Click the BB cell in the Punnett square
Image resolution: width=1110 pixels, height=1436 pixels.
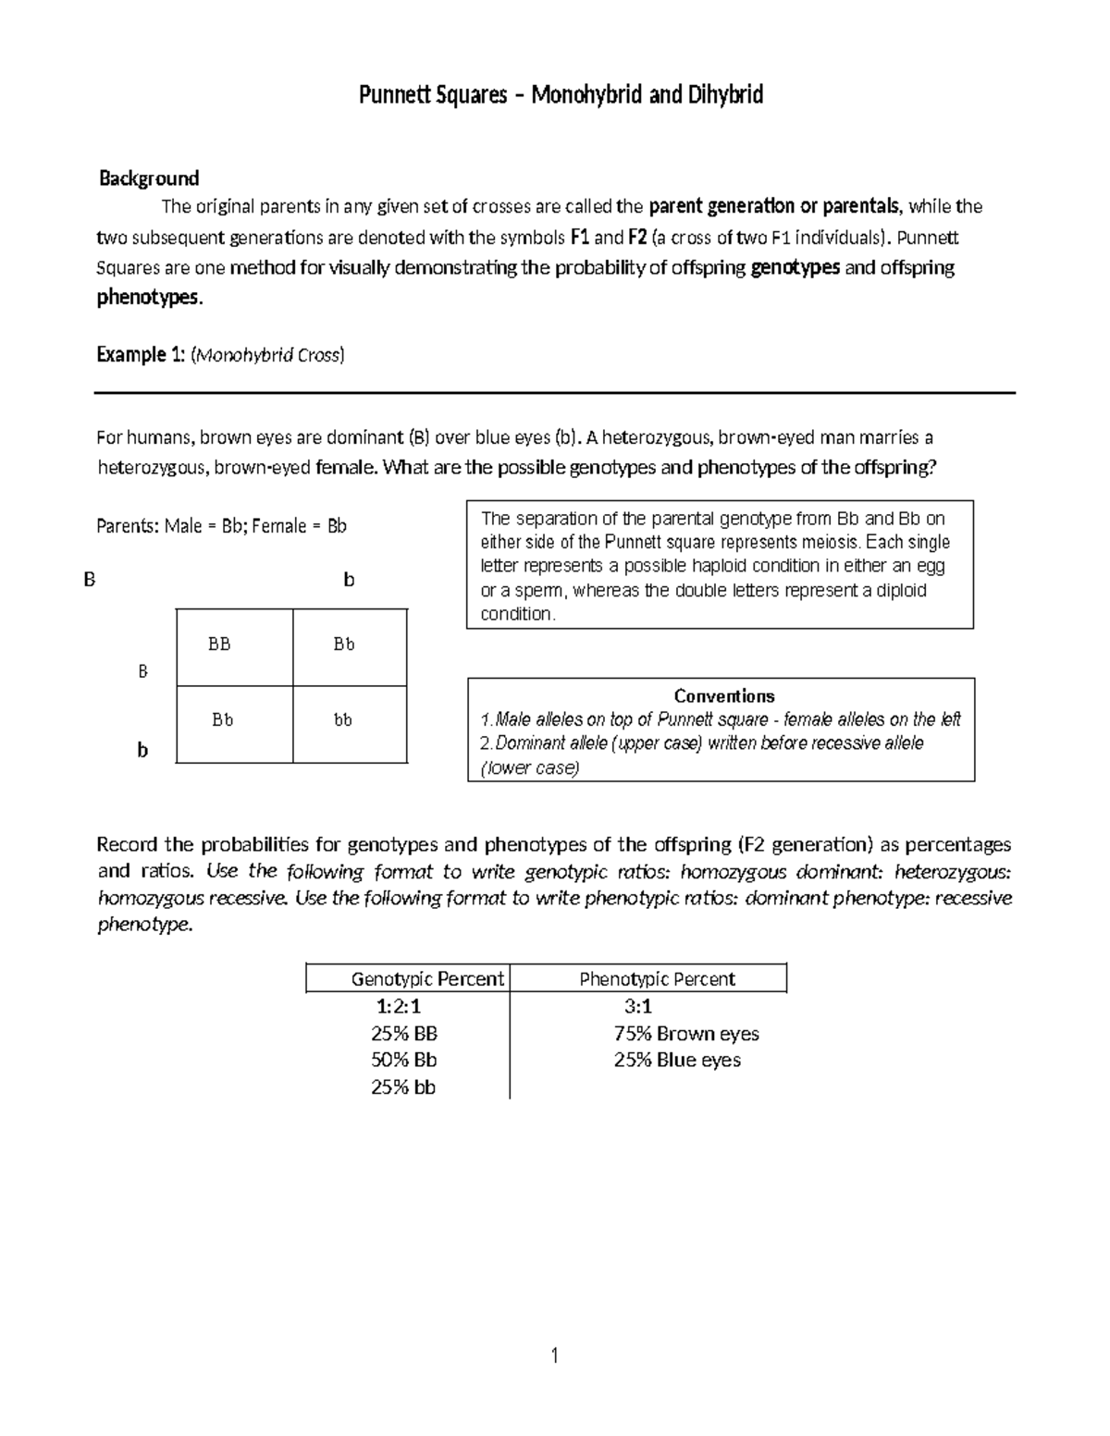219,644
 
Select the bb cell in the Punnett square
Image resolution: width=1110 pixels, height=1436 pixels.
343,719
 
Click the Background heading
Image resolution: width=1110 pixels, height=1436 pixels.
149,178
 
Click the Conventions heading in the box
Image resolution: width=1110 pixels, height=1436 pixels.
723,696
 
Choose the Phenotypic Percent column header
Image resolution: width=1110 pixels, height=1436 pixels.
657,978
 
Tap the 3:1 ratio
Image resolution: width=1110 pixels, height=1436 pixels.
638,1006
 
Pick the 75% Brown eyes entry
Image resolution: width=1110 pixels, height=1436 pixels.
686,1034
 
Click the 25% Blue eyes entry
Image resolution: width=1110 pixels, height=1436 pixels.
677,1060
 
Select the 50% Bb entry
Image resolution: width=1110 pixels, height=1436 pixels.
403,1060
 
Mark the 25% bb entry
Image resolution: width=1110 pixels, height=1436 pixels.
403,1087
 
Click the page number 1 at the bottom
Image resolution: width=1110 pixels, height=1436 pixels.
554,1356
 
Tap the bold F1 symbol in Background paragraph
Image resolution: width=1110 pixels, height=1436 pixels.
580,238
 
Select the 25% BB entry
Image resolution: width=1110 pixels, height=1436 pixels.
403,1034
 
